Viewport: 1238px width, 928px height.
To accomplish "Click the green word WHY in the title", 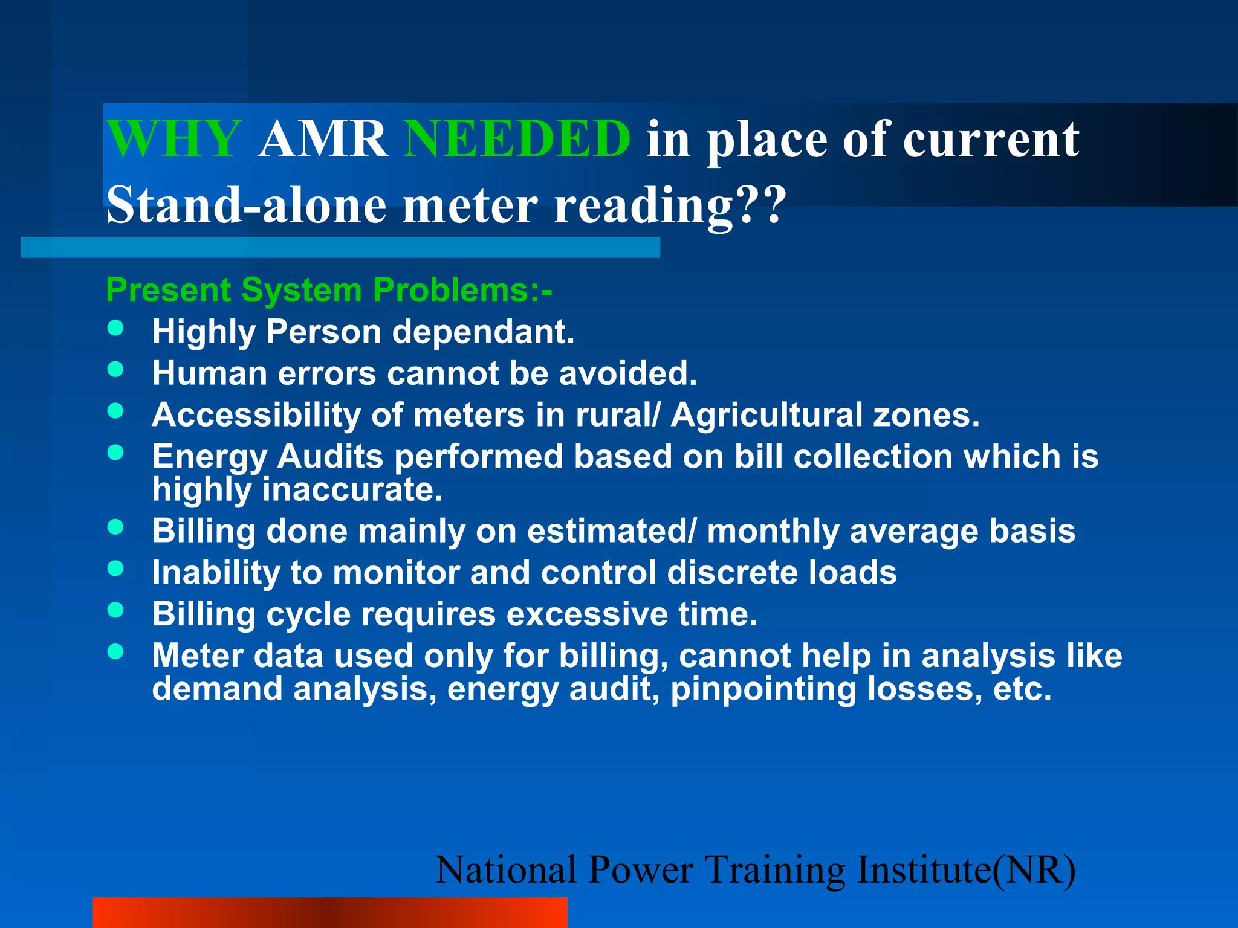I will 173,139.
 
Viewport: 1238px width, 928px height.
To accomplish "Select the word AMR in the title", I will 323,139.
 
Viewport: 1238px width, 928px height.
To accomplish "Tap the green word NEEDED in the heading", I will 517,139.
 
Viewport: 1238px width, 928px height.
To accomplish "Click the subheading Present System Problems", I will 328,290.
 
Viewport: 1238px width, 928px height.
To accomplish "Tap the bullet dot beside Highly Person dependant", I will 115,328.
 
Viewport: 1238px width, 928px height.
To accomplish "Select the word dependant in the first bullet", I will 481,332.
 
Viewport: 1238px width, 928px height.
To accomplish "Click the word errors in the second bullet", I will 327,373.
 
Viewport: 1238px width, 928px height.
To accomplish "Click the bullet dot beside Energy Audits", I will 115,453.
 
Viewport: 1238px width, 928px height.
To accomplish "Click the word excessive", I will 586,614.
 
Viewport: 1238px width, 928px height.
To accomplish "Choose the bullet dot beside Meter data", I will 115,652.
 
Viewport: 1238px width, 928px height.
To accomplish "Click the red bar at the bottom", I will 329,912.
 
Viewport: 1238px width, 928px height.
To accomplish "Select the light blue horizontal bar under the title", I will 340,248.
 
